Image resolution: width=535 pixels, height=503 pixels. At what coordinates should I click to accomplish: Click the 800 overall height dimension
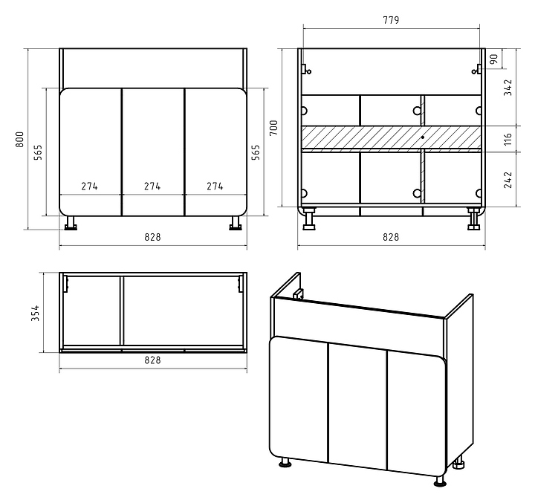click(x=20, y=139)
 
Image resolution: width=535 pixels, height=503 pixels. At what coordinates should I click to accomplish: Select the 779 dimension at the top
click(x=391, y=20)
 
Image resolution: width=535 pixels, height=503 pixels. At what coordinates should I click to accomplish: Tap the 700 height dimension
click(x=273, y=128)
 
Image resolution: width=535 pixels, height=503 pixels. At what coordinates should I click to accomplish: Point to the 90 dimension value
click(x=494, y=59)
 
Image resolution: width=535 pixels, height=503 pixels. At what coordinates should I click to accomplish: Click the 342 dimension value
click(x=508, y=88)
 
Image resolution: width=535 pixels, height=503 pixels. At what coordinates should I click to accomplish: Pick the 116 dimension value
click(x=508, y=139)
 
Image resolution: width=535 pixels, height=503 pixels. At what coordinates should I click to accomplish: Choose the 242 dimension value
click(x=508, y=180)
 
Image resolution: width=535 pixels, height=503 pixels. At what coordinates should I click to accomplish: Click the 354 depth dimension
click(x=36, y=313)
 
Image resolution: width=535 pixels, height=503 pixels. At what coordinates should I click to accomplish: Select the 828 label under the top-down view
click(x=152, y=360)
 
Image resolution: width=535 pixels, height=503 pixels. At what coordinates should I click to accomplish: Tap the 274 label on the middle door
click(x=152, y=186)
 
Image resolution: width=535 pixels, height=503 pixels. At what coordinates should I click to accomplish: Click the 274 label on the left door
click(x=89, y=186)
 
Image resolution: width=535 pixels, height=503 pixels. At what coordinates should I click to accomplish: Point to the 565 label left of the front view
click(x=38, y=152)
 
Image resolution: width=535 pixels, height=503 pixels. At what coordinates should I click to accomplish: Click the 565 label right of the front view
click(x=256, y=152)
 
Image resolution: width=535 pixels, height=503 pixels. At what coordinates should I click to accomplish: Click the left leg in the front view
click(x=71, y=223)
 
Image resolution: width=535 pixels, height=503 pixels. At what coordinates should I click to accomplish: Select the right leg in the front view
click(x=236, y=223)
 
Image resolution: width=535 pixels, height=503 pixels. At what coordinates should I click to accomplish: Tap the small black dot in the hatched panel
click(x=422, y=137)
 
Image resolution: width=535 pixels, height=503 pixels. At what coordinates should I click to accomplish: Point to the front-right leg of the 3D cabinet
click(x=440, y=481)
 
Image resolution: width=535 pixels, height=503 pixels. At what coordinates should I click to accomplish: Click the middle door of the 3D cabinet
click(x=357, y=406)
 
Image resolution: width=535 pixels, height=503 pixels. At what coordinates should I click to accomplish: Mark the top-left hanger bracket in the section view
click(x=305, y=70)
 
